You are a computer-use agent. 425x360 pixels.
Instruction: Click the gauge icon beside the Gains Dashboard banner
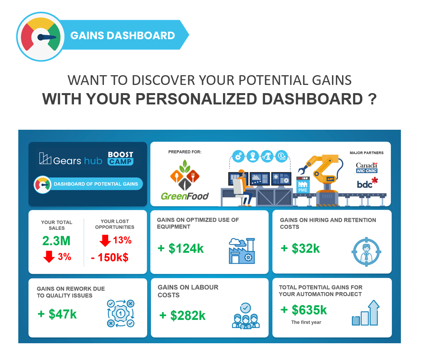pos(40,37)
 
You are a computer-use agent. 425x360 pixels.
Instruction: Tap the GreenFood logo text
pos(184,196)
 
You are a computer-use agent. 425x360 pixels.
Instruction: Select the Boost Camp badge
pos(121,159)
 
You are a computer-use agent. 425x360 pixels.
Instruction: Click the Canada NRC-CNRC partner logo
pos(367,168)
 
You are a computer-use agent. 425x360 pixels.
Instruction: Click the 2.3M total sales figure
pos(56,241)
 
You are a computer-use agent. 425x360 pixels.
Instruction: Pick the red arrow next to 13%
pos(105,240)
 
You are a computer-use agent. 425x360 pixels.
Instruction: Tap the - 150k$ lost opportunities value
pos(110,258)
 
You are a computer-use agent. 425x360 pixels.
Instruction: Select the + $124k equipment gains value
pos(181,249)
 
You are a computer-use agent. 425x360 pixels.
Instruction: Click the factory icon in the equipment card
pos(242,251)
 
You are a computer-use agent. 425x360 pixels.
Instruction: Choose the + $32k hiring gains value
pos(300,249)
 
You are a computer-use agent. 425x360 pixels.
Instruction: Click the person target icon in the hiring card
pos(366,251)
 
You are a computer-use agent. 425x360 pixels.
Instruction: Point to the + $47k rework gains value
pos(57,314)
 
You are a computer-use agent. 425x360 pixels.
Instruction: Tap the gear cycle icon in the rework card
pos(121,313)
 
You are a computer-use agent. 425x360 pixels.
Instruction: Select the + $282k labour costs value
pos(183,316)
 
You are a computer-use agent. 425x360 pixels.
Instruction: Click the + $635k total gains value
pos(304,310)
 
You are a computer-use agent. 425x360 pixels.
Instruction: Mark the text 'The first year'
pos(306,322)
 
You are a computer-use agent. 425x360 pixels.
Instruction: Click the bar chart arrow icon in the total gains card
pos(365,313)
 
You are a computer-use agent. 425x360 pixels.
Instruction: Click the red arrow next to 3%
pos(49,257)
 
